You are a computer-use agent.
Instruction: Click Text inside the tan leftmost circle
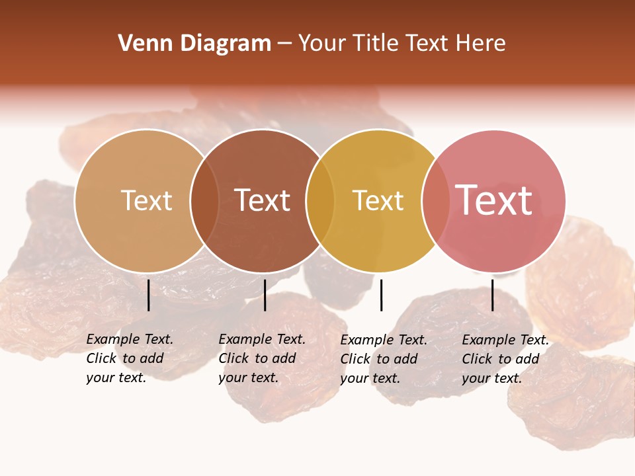[x=146, y=201]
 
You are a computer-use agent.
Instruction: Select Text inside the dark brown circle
[x=262, y=201]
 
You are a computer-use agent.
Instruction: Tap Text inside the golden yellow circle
[x=378, y=201]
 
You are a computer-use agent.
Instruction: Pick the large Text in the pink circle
[x=494, y=200]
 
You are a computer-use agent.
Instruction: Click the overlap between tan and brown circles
[x=204, y=201]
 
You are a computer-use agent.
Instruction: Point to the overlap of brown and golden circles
[x=320, y=201]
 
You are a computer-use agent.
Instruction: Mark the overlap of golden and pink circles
[x=435, y=201]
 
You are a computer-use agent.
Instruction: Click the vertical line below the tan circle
[x=149, y=295]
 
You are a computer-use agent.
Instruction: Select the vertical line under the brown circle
[x=265, y=295]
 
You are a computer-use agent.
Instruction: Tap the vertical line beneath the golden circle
[x=381, y=295]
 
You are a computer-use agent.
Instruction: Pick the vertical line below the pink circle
[x=492, y=295]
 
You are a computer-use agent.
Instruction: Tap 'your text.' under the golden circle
[x=370, y=378]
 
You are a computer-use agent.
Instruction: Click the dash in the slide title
[x=284, y=44]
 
